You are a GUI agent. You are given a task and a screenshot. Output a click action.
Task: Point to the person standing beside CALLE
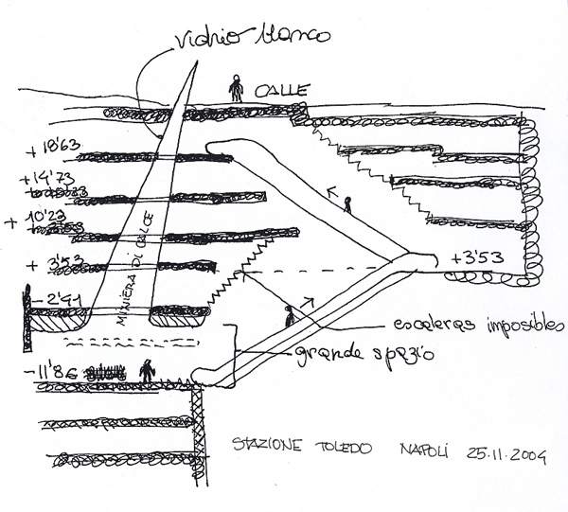[236, 89]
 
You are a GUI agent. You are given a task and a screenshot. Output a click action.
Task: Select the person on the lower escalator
[289, 315]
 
